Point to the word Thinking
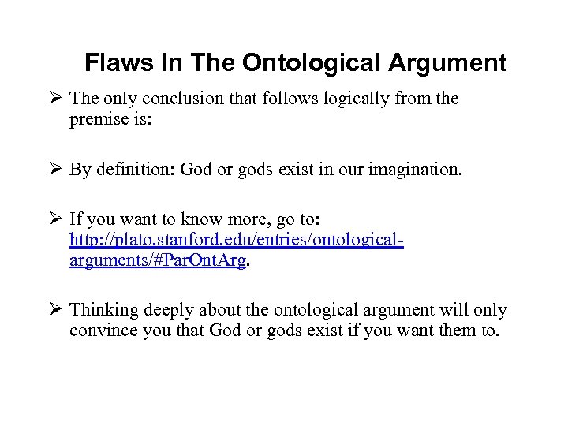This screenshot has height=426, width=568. tap(102, 310)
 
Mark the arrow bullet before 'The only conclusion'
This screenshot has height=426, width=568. tap(55, 99)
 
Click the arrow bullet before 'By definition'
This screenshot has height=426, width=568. tap(55, 168)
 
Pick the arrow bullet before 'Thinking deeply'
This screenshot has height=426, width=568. tap(55, 310)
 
